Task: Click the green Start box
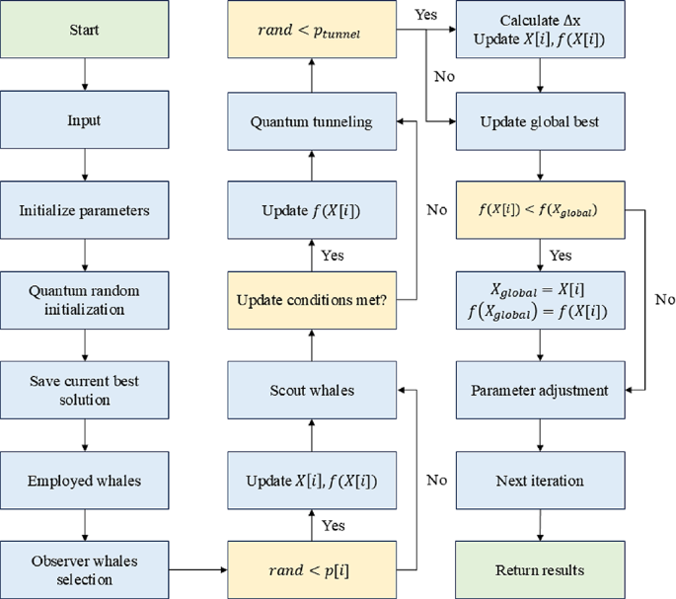pyautogui.click(x=84, y=30)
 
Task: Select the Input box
pyautogui.click(x=84, y=121)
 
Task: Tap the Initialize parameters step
pyautogui.click(x=84, y=211)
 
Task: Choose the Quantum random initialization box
pyautogui.click(x=84, y=301)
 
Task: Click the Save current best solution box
pyautogui.click(x=84, y=391)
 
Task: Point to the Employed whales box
pyautogui.click(x=84, y=481)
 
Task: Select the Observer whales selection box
pyautogui.click(x=84, y=570)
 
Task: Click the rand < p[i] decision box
pyautogui.click(x=312, y=570)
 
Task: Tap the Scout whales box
pyautogui.click(x=312, y=391)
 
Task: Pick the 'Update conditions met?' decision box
pyautogui.click(x=312, y=301)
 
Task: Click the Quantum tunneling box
pyautogui.click(x=312, y=121)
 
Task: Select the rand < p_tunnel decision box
pyautogui.click(x=312, y=30)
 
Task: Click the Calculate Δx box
pyautogui.click(x=540, y=30)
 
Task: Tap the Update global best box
pyautogui.click(x=540, y=121)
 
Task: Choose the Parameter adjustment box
pyautogui.click(x=540, y=391)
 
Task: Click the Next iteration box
pyautogui.click(x=540, y=481)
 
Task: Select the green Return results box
pyautogui.click(x=540, y=570)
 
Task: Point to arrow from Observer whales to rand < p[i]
pyautogui.click(x=197, y=570)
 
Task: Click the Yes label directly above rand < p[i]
pyautogui.click(x=335, y=525)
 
